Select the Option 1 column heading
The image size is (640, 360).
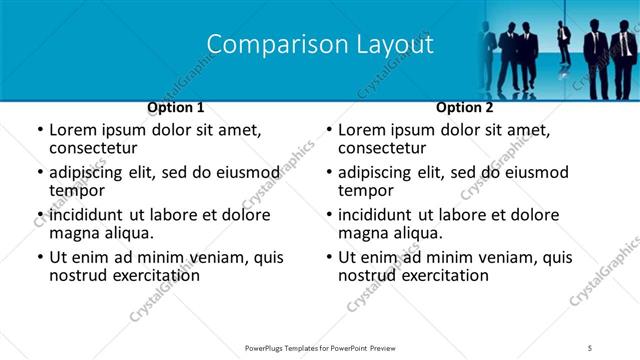175,107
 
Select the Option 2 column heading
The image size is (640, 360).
464,107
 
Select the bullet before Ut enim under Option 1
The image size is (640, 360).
39,257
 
